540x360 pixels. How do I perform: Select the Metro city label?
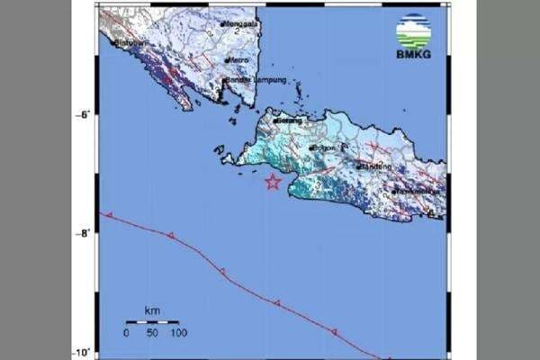tap(238, 60)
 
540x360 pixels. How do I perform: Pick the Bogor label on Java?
tap(323, 147)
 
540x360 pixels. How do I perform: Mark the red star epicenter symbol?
tap(273, 183)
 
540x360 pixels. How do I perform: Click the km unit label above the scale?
tap(151, 311)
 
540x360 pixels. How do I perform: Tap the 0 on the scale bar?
tap(126, 334)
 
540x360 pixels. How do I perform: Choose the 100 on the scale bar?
tap(176, 334)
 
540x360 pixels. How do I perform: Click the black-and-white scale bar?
tap(151, 322)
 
